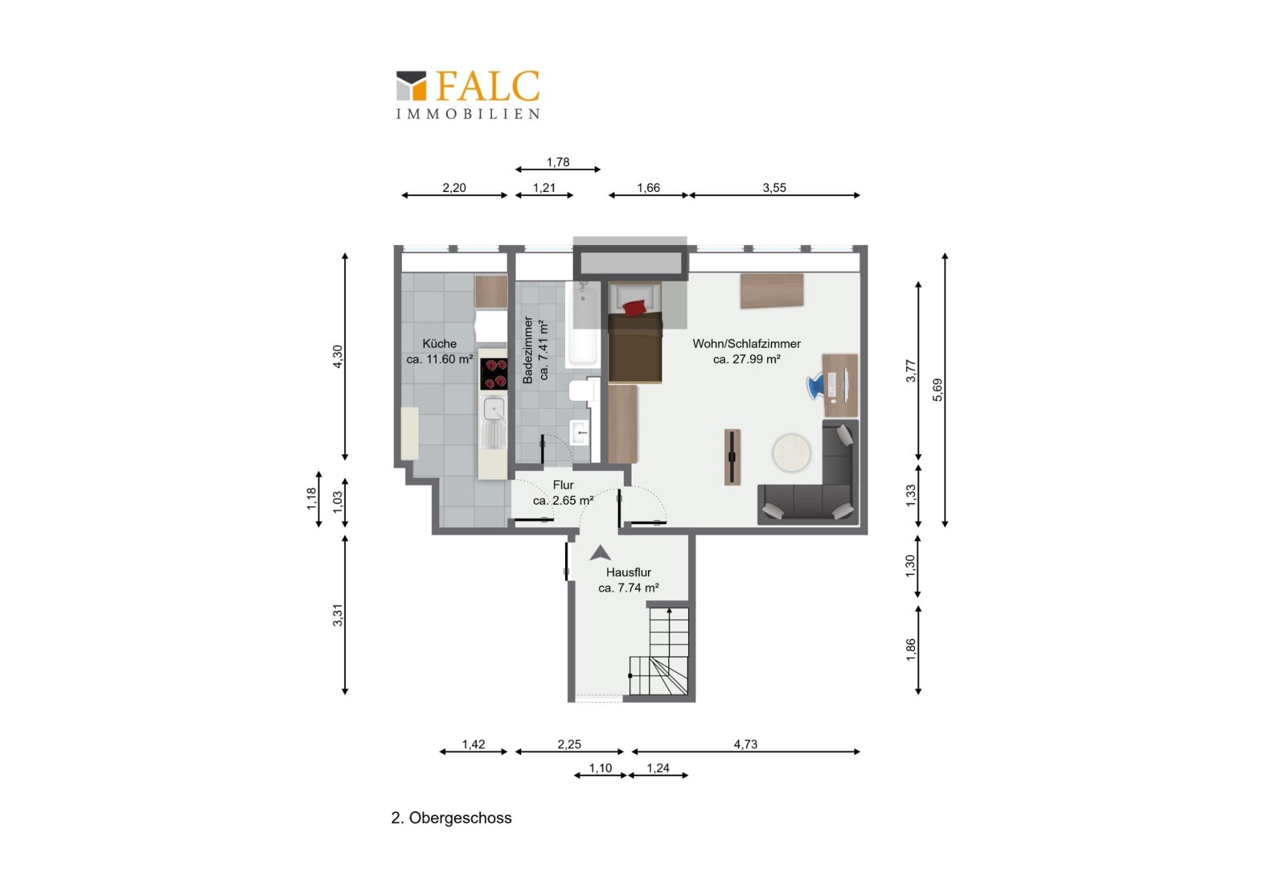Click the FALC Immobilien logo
point(468,95)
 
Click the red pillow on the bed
point(635,307)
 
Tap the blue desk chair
point(816,386)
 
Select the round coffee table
point(791,452)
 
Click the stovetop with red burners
point(493,373)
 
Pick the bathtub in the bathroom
point(582,323)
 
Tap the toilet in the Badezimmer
point(583,390)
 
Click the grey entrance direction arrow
point(600,553)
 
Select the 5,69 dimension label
point(938,390)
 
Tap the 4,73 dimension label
point(745,744)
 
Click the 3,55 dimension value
point(774,187)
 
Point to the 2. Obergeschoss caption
point(451,818)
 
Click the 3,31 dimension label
point(338,615)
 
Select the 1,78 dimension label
point(558,162)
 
